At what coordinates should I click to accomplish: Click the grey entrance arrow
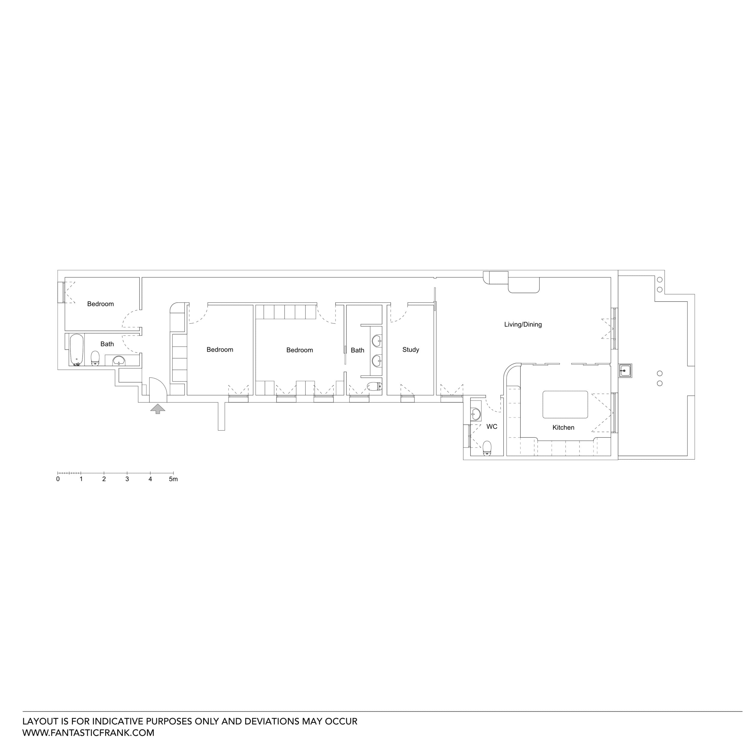157,408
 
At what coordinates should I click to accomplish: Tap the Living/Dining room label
522,324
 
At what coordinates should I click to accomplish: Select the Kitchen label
563,427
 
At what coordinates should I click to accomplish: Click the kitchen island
565,404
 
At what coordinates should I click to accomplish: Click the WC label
491,427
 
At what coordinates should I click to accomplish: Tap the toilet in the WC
487,448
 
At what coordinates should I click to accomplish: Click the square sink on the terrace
625,370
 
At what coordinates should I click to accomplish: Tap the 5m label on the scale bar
173,479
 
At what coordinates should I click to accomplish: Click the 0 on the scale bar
58,479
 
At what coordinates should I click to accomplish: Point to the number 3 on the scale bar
127,479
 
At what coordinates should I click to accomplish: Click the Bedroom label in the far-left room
100,304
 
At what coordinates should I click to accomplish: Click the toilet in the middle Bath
374,386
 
